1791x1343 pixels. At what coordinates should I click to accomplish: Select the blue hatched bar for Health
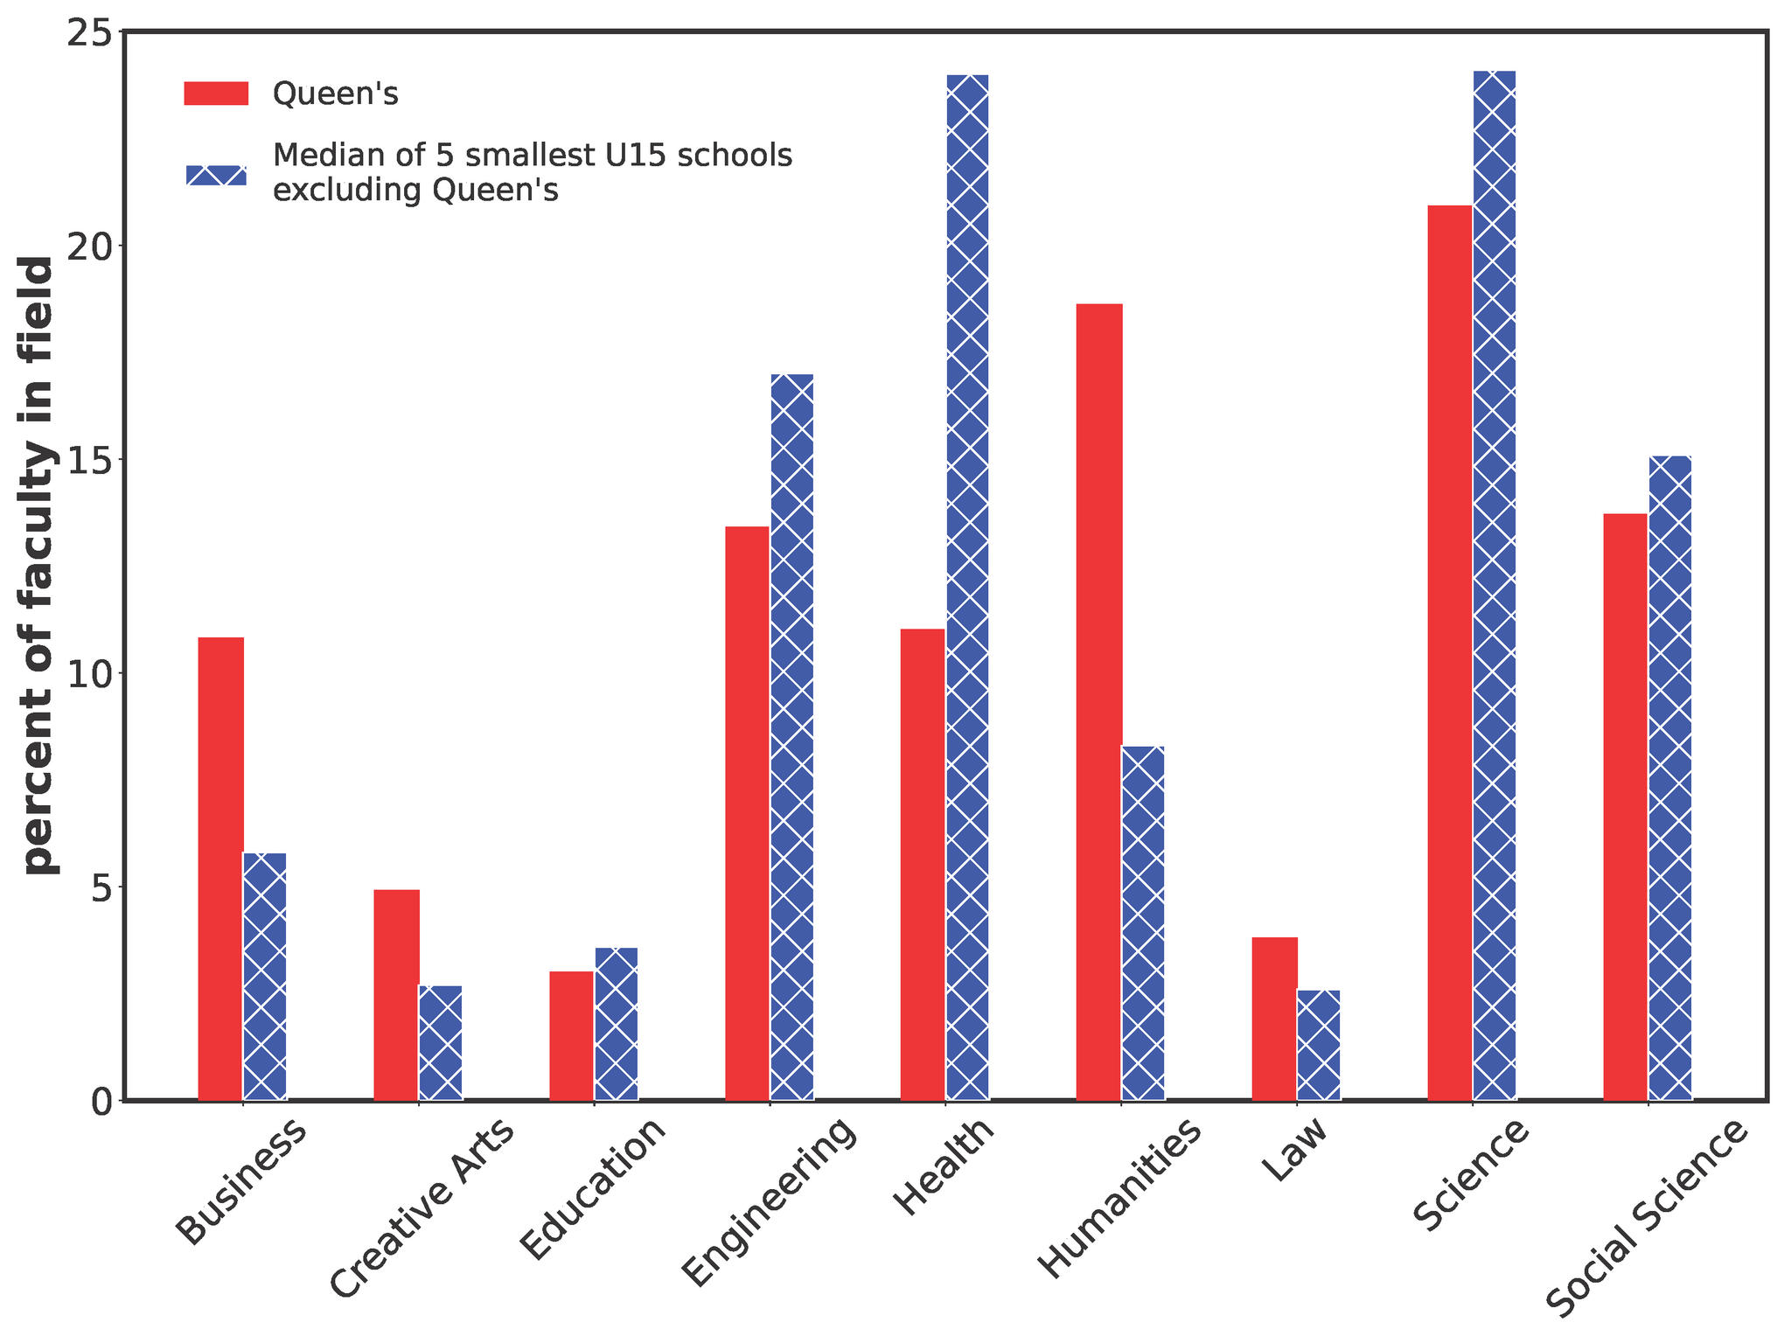click(x=967, y=588)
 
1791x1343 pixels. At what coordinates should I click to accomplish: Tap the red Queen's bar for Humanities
click(x=1099, y=702)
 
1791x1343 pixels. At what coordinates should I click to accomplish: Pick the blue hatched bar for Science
click(x=1495, y=585)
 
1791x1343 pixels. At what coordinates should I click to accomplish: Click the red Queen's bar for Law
click(x=1275, y=1019)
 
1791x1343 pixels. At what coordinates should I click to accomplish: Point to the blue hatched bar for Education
click(x=617, y=1024)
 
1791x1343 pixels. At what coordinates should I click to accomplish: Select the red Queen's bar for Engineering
click(x=748, y=813)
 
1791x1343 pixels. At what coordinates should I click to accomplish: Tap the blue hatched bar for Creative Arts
click(x=441, y=1043)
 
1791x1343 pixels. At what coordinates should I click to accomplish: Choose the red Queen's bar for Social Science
click(x=1626, y=807)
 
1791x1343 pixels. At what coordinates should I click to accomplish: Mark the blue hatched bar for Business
click(x=265, y=977)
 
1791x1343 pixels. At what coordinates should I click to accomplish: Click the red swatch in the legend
click(x=216, y=94)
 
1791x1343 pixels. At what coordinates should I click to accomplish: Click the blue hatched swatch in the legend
click(x=216, y=175)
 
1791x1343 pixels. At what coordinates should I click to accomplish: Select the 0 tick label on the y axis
click(x=102, y=1102)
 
